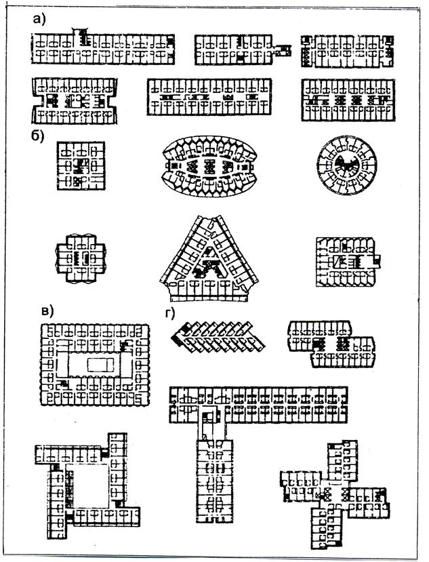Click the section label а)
point(39,18)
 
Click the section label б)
point(37,136)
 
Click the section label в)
point(47,310)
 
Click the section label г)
point(169,313)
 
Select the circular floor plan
point(346,165)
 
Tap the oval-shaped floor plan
point(209,166)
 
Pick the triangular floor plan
point(209,259)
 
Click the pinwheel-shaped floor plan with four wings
point(335,495)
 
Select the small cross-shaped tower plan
point(81,258)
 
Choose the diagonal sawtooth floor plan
point(218,337)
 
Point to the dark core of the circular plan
point(346,165)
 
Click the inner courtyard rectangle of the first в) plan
point(95,364)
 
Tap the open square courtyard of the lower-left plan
point(87,485)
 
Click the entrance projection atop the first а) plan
point(80,32)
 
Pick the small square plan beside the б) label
point(81,165)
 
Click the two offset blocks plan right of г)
point(332,344)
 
